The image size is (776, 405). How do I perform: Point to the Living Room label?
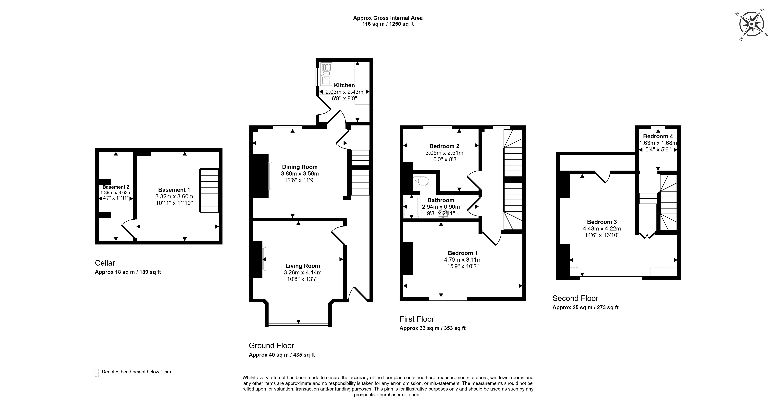coord(302,266)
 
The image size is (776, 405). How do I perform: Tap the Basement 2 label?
coord(116,187)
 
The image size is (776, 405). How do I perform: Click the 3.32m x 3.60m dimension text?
coord(174,196)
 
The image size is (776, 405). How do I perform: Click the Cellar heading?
coord(105,263)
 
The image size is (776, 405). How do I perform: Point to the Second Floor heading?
coord(575,298)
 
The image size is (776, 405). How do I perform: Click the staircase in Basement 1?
coord(209,191)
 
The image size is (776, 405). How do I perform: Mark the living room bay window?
coord(298,325)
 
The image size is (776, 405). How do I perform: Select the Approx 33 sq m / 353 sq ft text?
coord(432,328)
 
